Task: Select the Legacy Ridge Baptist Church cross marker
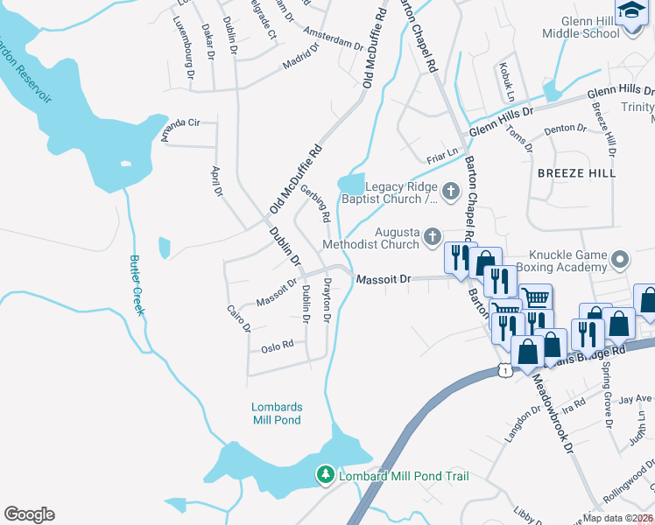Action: tap(451, 191)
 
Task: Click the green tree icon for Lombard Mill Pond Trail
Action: tap(326, 475)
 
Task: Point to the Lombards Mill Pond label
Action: tap(276, 413)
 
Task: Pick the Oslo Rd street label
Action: tap(277, 347)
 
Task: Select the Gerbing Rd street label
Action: tap(314, 202)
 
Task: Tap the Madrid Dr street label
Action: tap(302, 65)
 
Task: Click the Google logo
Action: tap(29, 514)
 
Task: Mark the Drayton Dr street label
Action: tap(327, 300)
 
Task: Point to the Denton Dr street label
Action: tap(565, 129)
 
